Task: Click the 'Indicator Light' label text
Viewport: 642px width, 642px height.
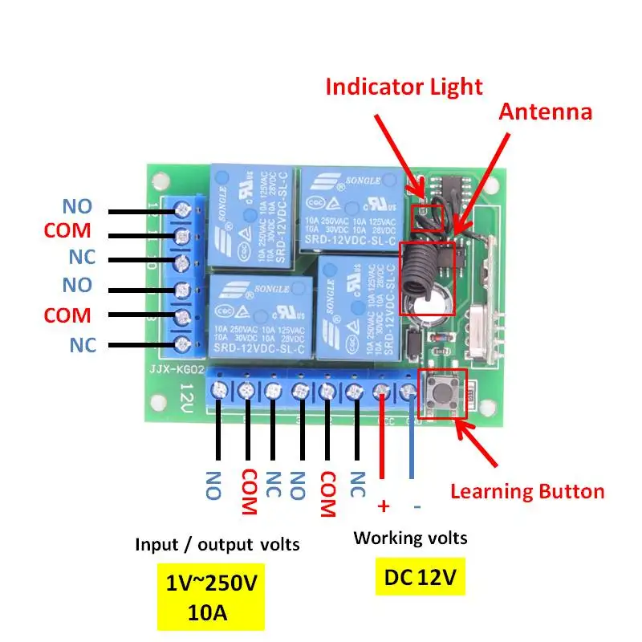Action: (404, 86)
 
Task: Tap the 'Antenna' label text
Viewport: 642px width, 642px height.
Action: (545, 112)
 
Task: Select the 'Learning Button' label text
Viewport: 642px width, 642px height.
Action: (526, 491)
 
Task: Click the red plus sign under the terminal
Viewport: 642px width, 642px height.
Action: (383, 506)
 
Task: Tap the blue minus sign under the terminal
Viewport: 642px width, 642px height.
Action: (416, 506)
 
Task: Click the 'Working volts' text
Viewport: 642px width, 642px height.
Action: (410, 537)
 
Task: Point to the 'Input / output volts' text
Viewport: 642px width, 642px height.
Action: (217, 544)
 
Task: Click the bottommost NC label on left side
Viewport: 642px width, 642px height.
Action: (82, 345)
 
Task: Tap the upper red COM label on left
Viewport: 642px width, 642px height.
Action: (67, 231)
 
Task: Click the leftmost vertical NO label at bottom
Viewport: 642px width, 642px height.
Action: (213, 485)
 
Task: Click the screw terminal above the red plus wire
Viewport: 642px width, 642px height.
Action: (381, 391)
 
